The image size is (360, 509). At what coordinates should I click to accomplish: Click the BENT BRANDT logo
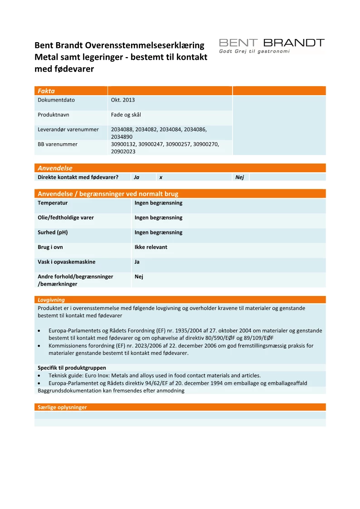[272, 43]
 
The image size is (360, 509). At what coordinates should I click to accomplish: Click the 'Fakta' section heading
[46, 91]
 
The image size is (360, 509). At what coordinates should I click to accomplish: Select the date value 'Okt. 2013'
[123, 100]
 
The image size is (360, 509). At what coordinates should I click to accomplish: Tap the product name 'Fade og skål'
[126, 115]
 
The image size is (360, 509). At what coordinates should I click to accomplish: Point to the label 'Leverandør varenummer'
[68, 130]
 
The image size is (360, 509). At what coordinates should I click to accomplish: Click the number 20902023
[123, 151]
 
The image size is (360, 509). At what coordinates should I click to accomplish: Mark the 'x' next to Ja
[161, 177]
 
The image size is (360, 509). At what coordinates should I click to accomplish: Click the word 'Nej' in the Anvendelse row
[240, 177]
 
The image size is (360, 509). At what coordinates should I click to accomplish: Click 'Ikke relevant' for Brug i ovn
[151, 247]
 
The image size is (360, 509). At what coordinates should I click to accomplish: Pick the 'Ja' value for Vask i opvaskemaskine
[137, 262]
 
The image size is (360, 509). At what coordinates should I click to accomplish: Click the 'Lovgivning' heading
[51, 300]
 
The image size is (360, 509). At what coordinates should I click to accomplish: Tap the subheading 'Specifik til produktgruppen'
[72, 368]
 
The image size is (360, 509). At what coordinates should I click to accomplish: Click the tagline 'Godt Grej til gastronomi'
[254, 52]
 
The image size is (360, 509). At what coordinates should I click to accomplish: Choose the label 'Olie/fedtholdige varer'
[66, 218]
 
